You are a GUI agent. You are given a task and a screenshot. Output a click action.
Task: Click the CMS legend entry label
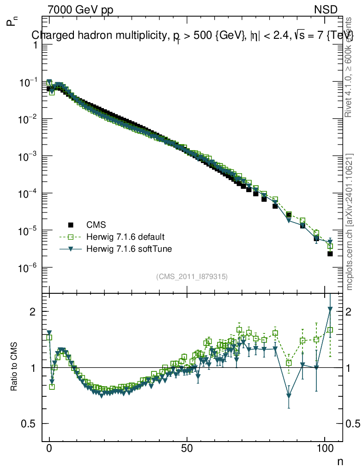click(x=96, y=225)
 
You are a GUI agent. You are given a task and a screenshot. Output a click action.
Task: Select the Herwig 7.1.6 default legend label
click(x=126, y=237)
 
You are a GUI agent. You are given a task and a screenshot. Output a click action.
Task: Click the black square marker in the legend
click(x=71, y=225)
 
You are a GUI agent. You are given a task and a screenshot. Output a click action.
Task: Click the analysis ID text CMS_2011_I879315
click(x=192, y=276)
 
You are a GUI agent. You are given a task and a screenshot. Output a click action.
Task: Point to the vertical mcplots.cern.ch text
click(x=350, y=222)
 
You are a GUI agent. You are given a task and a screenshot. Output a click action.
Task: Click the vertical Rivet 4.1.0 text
click(x=350, y=67)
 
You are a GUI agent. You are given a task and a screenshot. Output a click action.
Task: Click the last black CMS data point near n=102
click(x=330, y=254)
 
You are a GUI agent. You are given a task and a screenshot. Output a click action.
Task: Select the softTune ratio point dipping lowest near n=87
click(x=289, y=396)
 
